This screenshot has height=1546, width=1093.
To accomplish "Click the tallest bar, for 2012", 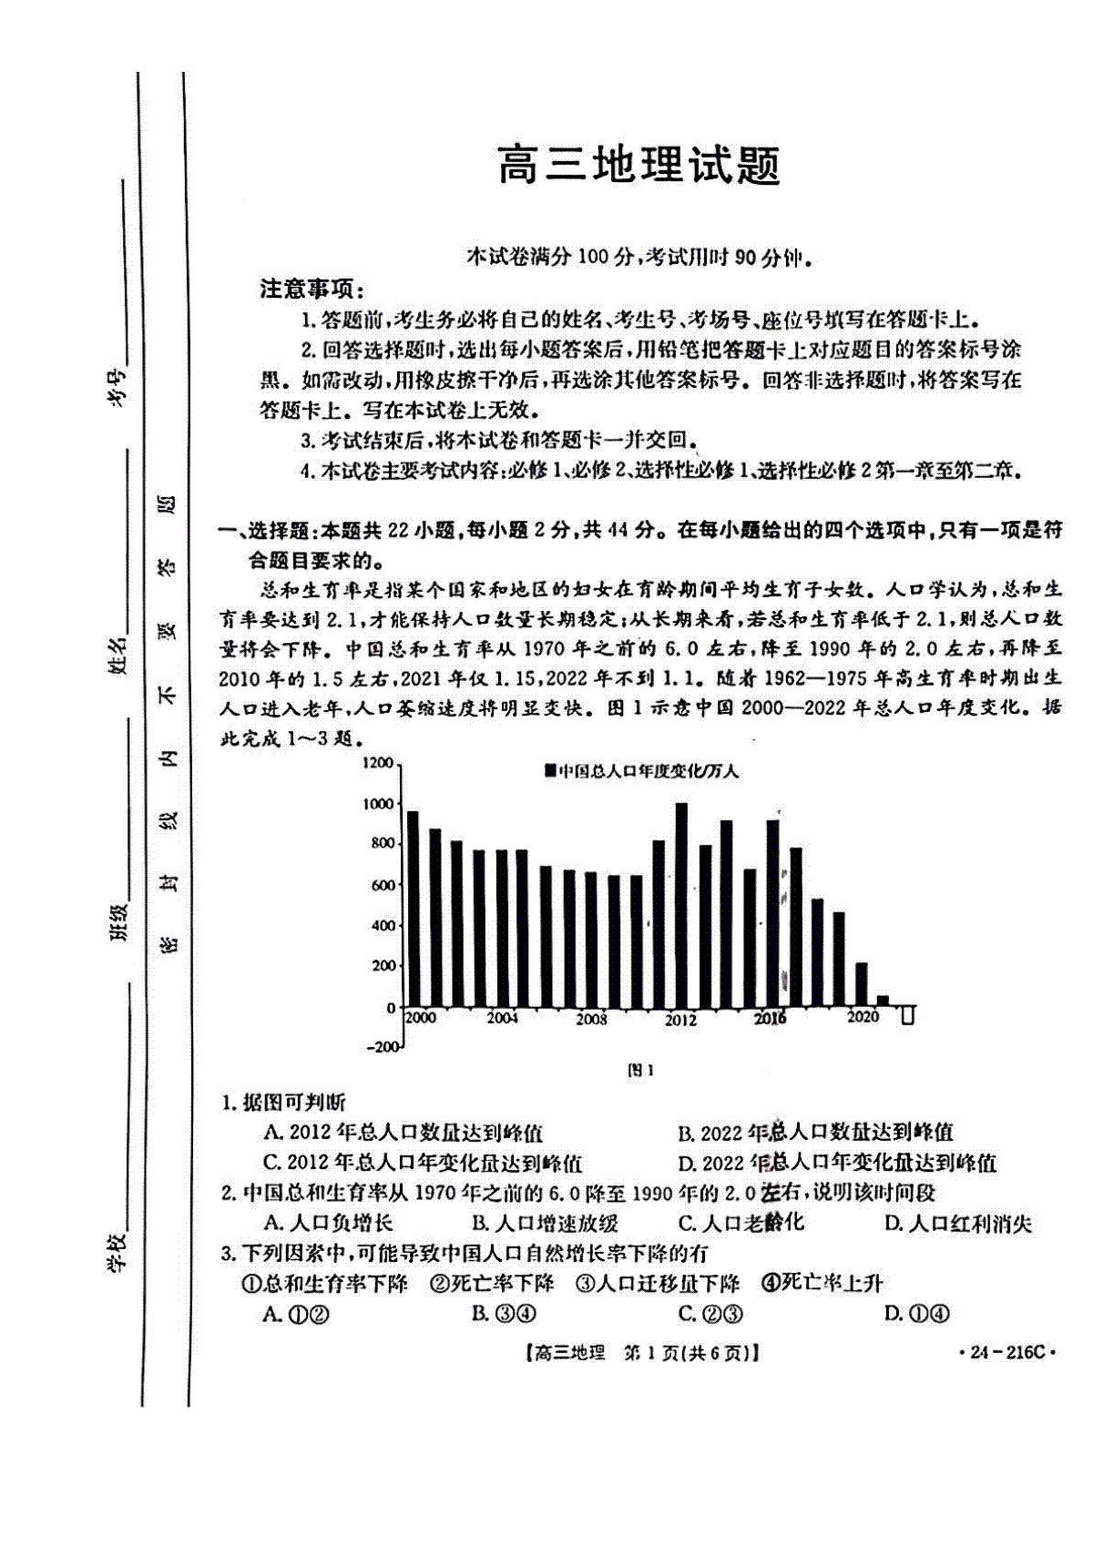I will click(681, 905).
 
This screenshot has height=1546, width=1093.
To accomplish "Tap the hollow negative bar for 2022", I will click(907, 1014).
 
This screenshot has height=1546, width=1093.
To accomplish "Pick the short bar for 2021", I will click(882, 1001).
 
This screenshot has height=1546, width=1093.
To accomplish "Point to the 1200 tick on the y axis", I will click(378, 763).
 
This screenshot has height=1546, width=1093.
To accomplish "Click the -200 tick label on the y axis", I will click(383, 1047).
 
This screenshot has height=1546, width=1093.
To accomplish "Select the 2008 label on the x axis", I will click(591, 1020).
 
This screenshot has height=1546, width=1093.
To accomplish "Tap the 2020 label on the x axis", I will click(862, 1017).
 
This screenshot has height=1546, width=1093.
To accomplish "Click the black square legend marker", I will click(550, 771).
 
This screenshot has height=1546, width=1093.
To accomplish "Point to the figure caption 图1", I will click(641, 1071).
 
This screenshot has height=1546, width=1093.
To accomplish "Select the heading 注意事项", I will click(312, 290).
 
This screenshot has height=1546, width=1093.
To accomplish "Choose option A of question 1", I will click(403, 1133).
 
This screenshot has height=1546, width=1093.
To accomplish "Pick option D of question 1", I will click(836, 1163).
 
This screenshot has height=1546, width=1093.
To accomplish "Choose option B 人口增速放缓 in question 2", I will click(545, 1223).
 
